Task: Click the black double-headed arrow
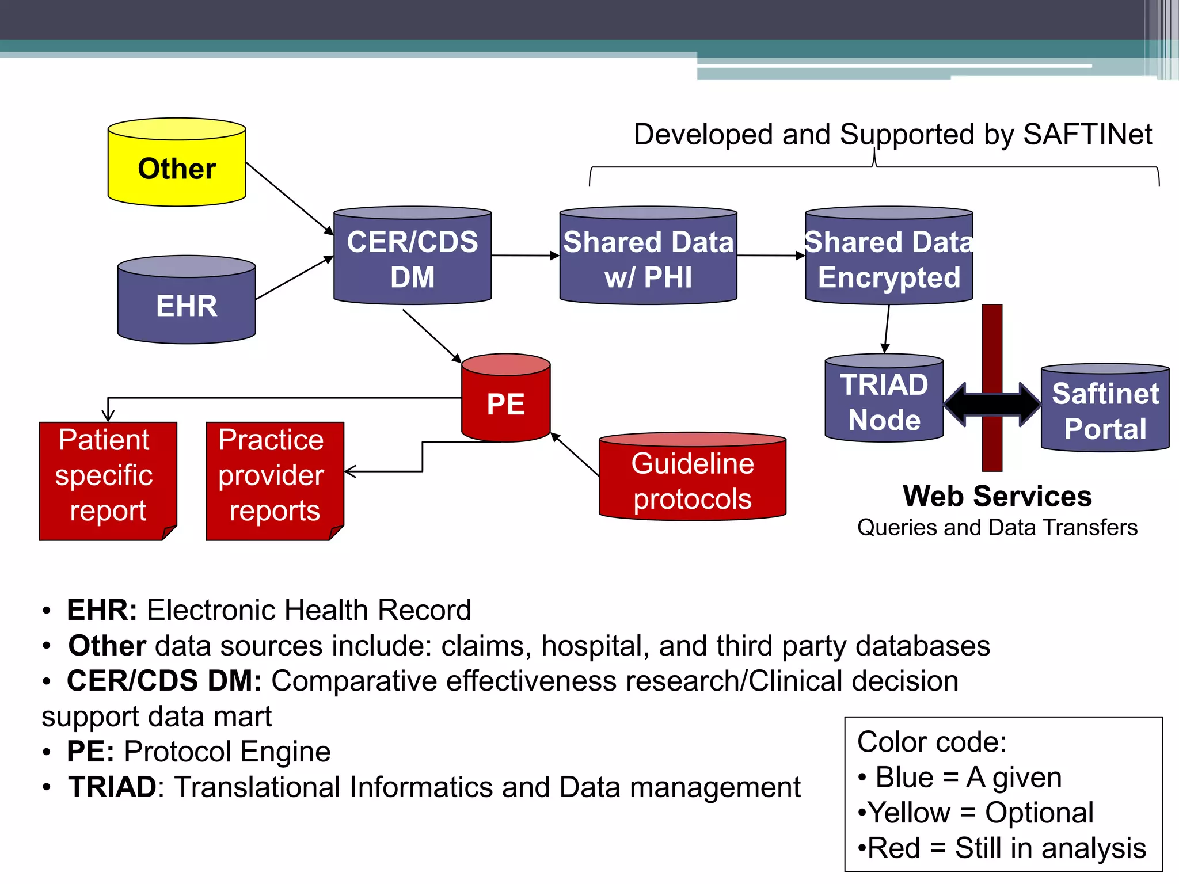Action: point(992,405)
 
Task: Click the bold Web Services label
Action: point(997,496)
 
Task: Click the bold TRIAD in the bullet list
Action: point(112,787)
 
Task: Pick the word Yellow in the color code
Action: point(909,813)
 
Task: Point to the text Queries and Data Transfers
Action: point(997,527)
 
